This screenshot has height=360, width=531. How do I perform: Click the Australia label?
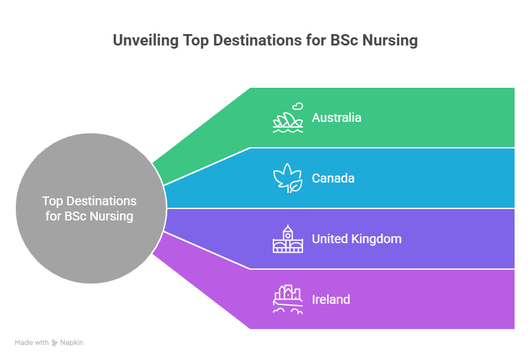[x=337, y=117]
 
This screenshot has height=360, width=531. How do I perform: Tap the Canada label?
[x=333, y=178]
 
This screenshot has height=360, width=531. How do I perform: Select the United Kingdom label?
[x=357, y=239]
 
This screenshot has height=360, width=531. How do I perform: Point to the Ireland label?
[x=331, y=299]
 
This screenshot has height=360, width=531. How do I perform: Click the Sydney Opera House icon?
[x=288, y=122]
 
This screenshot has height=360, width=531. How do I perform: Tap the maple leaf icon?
[x=288, y=178]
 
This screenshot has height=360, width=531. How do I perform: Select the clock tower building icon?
[x=288, y=239]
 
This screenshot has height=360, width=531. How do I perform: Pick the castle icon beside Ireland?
[x=288, y=299]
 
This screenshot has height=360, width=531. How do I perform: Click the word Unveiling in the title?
[x=146, y=40]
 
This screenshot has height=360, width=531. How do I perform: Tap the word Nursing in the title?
[x=390, y=40]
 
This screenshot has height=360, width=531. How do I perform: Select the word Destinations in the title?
[x=258, y=40]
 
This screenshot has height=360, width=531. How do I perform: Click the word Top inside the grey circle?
[x=52, y=201]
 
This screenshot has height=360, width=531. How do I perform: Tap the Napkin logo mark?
[x=54, y=343]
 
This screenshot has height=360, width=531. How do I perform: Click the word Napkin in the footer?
[x=72, y=343]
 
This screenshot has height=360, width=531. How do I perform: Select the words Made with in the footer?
[x=32, y=343]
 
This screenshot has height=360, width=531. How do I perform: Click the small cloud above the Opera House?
[x=298, y=106]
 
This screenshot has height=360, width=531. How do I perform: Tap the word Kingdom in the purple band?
[x=376, y=239]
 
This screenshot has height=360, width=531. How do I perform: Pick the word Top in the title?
[x=195, y=40]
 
